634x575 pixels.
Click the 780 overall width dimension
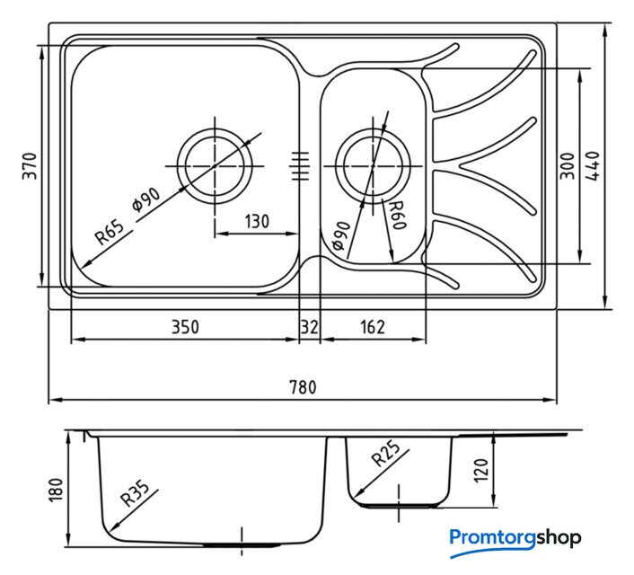coord(303,387)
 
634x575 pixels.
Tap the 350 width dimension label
coord(186,327)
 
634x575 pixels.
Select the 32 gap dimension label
coord(310,327)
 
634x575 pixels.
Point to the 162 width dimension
coord(373,327)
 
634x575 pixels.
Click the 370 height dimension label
coord(30,166)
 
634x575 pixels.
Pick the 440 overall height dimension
coord(593,166)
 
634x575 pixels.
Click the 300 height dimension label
coord(568,166)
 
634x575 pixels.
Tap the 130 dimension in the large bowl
coord(257,221)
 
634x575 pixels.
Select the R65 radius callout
coord(110,233)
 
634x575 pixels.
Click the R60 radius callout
coord(397,216)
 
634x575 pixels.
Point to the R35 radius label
coord(135,493)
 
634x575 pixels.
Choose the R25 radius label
coord(386,453)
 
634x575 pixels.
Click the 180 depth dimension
coord(56,490)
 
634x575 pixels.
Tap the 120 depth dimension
coord(480,470)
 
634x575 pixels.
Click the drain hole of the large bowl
coord(215,166)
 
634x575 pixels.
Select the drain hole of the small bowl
coord(373,166)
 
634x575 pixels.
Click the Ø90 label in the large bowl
coord(146,199)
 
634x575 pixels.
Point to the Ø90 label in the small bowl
coord(340,236)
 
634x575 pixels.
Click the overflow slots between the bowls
coord(300,166)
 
